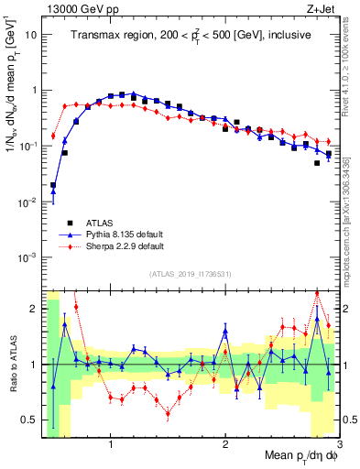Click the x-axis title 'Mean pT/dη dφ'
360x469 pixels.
coord(294,455)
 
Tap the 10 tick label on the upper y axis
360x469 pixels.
coord(31,35)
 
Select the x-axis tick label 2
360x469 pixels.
coord(225,445)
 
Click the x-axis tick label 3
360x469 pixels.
coord(338,445)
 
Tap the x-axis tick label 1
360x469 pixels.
coord(111,445)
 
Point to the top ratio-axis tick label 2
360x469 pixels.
coord(34,309)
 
